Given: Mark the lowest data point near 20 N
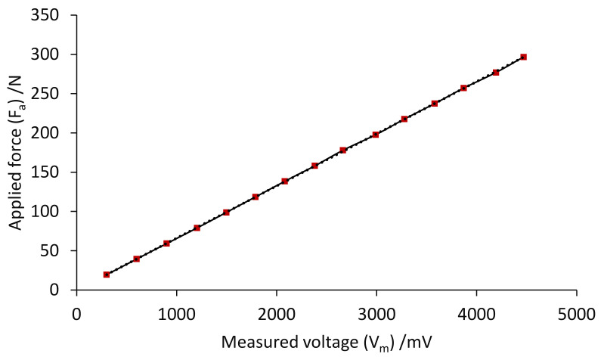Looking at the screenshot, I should click(x=107, y=275).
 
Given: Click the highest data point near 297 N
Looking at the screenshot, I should click(x=523, y=57).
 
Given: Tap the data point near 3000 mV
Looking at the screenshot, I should click(x=376, y=135).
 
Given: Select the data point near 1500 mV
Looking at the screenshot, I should click(x=226, y=213).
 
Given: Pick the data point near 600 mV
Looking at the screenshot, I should click(x=137, y=259).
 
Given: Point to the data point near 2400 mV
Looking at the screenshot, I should click(x=314, y=166).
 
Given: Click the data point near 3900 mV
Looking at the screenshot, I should click(x=463, y=88).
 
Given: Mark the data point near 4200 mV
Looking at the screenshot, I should click(x=496, y=73).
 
